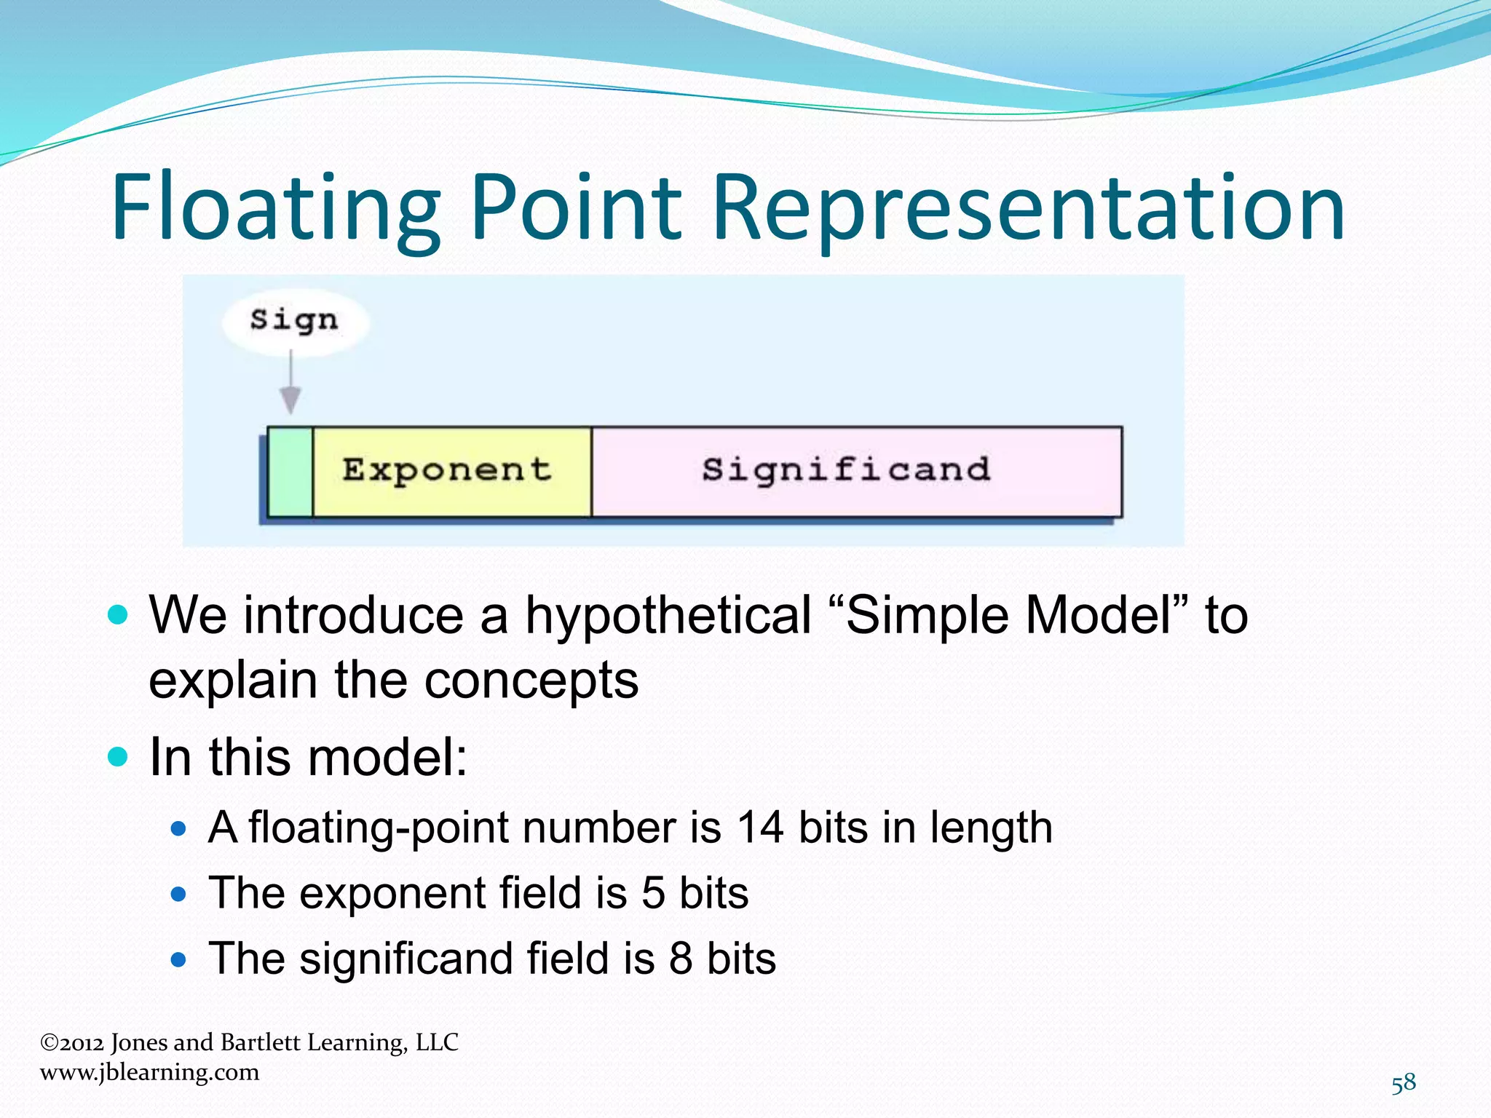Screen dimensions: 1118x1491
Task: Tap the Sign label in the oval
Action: pos(294,320)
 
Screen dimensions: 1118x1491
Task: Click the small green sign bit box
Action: pos(290,472)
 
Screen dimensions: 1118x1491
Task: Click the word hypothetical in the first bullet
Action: pos(668,616)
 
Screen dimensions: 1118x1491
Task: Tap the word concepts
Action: pos(531,681)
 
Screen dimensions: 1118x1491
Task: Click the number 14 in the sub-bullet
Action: pos(760,828)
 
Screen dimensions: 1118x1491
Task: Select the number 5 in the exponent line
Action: pos(653,893)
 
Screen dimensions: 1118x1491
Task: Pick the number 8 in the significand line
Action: pos(681,959)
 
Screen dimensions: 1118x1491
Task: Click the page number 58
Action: pos(1404,1083)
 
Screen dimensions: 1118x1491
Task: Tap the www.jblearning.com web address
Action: pos(150,1073)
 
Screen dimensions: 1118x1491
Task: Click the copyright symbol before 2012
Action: pos(49,1043)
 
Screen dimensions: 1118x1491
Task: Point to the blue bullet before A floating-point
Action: pos(178,828)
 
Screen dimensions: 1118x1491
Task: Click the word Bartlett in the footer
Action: pos(260,1042)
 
